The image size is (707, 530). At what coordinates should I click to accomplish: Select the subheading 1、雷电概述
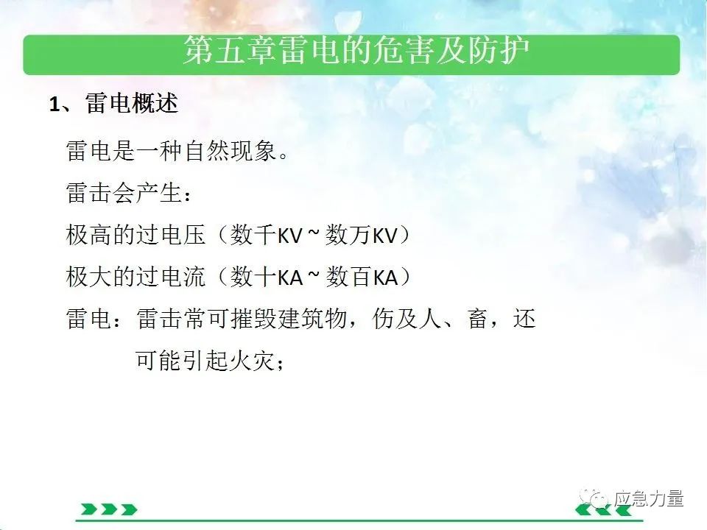point(113,104)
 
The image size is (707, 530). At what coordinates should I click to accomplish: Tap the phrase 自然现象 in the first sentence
point(231,150)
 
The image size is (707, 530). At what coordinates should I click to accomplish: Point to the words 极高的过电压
point(136,235)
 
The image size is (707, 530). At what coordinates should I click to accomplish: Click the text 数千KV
point(266,235)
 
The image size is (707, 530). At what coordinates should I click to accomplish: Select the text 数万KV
point(361,235)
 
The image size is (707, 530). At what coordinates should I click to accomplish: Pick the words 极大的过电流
point(136,277)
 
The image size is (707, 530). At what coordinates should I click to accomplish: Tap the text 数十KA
point(267,277)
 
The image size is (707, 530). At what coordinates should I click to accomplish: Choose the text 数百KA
point(362,277)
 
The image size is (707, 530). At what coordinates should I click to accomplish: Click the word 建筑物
point(312,319)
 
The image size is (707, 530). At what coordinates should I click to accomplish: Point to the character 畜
point(477,319)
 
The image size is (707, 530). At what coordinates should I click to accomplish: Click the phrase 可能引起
point(182,361)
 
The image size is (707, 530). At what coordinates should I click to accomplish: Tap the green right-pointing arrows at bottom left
point(109,509)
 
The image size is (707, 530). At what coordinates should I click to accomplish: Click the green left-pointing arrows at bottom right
point(604,509)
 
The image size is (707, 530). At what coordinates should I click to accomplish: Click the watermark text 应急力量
point(648,499)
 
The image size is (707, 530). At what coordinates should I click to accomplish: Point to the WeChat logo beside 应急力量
point(595,498)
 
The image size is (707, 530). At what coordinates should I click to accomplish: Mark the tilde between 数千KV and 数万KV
point(314,233)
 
